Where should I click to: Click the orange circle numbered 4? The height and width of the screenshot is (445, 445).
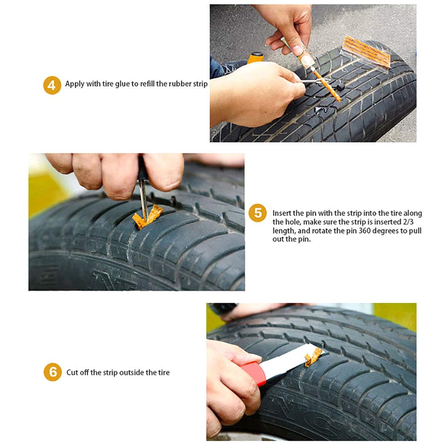[52, 85]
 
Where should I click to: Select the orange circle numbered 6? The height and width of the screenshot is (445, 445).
[53, 372]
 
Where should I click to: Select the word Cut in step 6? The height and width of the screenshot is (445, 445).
[72, 372]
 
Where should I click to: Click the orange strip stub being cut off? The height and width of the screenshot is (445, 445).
[313, 356]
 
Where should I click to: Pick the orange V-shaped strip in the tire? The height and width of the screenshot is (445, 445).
[148, 217]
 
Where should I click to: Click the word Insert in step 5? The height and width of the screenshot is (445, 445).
[282, 214]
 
